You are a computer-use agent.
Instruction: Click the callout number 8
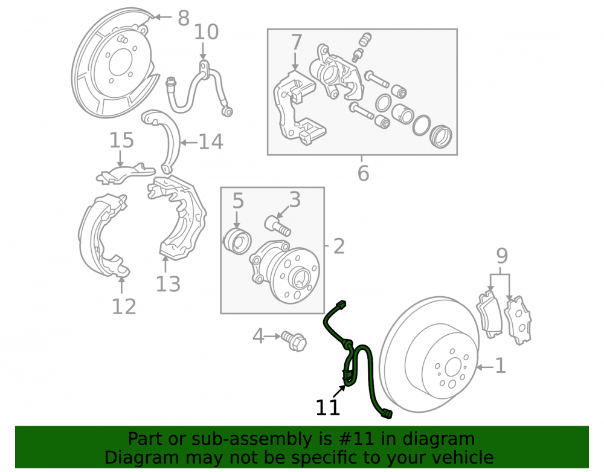184,18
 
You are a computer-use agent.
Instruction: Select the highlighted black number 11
328,407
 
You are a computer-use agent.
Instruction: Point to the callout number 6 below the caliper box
363,173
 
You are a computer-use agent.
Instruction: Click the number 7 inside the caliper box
296,42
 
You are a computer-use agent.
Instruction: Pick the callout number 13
168,285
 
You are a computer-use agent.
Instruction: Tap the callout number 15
122,140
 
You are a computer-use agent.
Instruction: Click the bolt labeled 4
294,341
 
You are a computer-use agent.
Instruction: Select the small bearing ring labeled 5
237,241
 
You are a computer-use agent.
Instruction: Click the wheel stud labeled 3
278,226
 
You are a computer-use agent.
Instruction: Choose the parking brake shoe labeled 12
103,236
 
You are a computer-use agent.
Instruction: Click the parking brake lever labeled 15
125,172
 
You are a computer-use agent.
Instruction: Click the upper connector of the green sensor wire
341,305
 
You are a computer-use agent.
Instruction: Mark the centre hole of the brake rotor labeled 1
453,368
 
